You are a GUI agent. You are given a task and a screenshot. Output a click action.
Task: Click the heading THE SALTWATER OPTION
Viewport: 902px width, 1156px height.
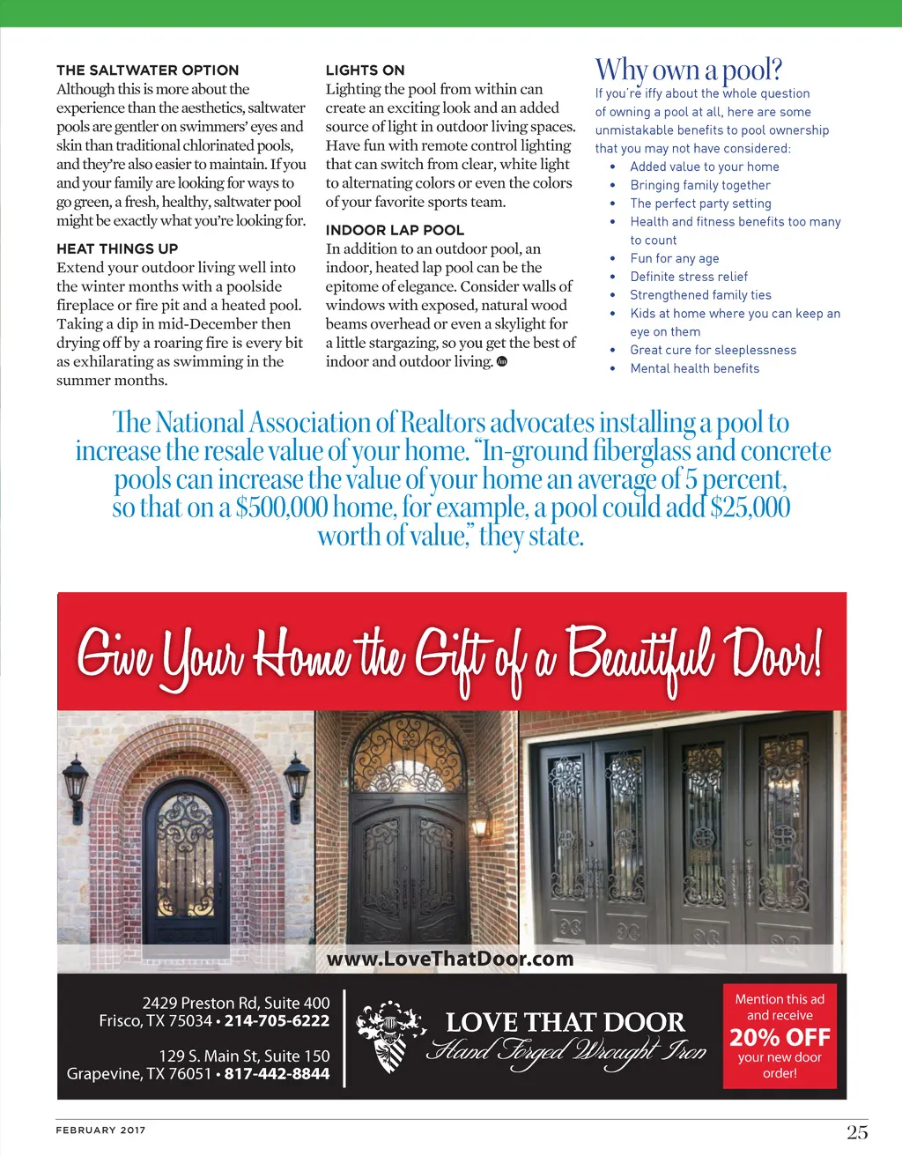(x=147, y=70)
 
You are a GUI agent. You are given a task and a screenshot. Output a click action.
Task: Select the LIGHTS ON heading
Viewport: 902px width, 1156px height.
(x=365, y=70)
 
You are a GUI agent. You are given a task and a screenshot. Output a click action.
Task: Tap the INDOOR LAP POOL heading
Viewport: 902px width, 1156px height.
(x=395, y=230)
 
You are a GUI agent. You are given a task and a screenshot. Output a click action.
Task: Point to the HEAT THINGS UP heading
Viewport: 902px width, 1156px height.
(x=117, y=248)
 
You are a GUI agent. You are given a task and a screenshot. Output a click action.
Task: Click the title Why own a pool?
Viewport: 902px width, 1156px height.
(x=688, y=69)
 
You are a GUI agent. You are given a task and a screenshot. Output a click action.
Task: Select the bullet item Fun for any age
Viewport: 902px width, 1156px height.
(x=674, y=258)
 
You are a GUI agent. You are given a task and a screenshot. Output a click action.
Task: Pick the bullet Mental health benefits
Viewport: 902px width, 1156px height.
(x=694, y=368)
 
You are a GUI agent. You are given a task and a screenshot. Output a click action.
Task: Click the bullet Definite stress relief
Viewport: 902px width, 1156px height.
(x=689, y=277)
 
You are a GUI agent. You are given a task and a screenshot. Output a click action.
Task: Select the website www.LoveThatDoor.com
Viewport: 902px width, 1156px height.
(x=449, y=959)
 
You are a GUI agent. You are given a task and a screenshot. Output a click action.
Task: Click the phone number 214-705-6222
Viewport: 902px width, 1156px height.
(x=277, y=1021)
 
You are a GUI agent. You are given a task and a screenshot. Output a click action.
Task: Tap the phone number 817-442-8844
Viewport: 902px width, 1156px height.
(x=277, y=1074)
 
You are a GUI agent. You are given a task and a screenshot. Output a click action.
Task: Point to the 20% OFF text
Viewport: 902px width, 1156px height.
(x=780, y=1037)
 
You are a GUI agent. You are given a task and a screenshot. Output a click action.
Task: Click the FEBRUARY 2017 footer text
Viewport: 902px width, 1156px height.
(x=100, y=1130)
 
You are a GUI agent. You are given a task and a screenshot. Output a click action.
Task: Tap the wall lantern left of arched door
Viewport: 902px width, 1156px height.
(x=75, y=787)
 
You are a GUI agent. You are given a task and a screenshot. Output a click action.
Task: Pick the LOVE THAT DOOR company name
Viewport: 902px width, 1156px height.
(x=565, y=1022)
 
